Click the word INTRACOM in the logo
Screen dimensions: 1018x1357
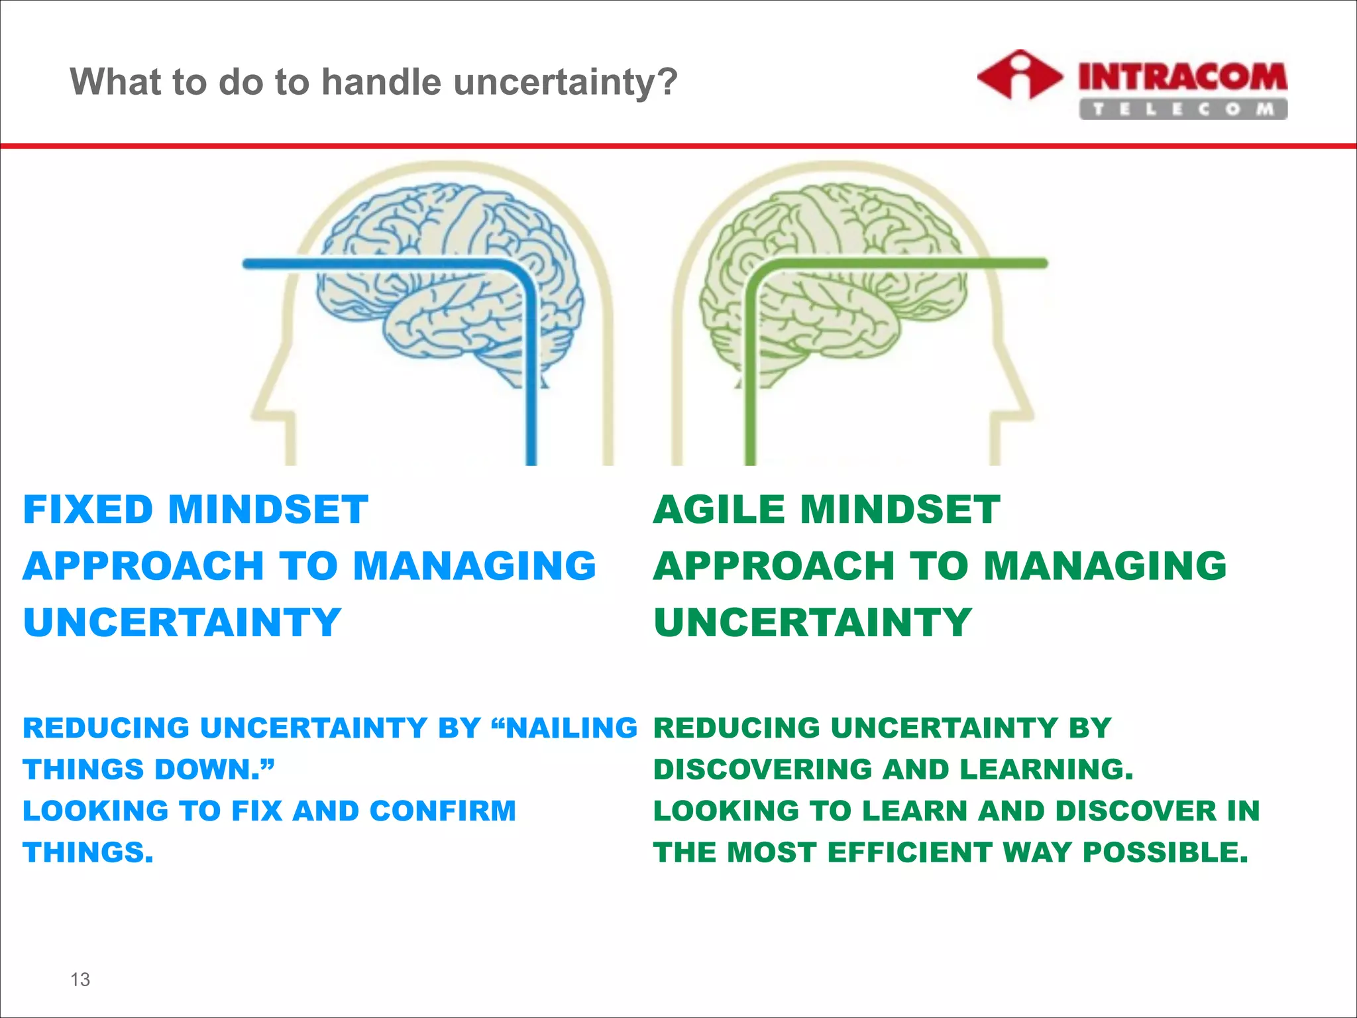coord(1183,77)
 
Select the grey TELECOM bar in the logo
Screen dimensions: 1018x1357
coord(1183,109)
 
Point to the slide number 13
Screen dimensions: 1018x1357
coord(80,979)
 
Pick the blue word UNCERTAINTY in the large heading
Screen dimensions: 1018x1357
coord(182,622)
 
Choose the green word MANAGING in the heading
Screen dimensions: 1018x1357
coord(1105,566)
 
